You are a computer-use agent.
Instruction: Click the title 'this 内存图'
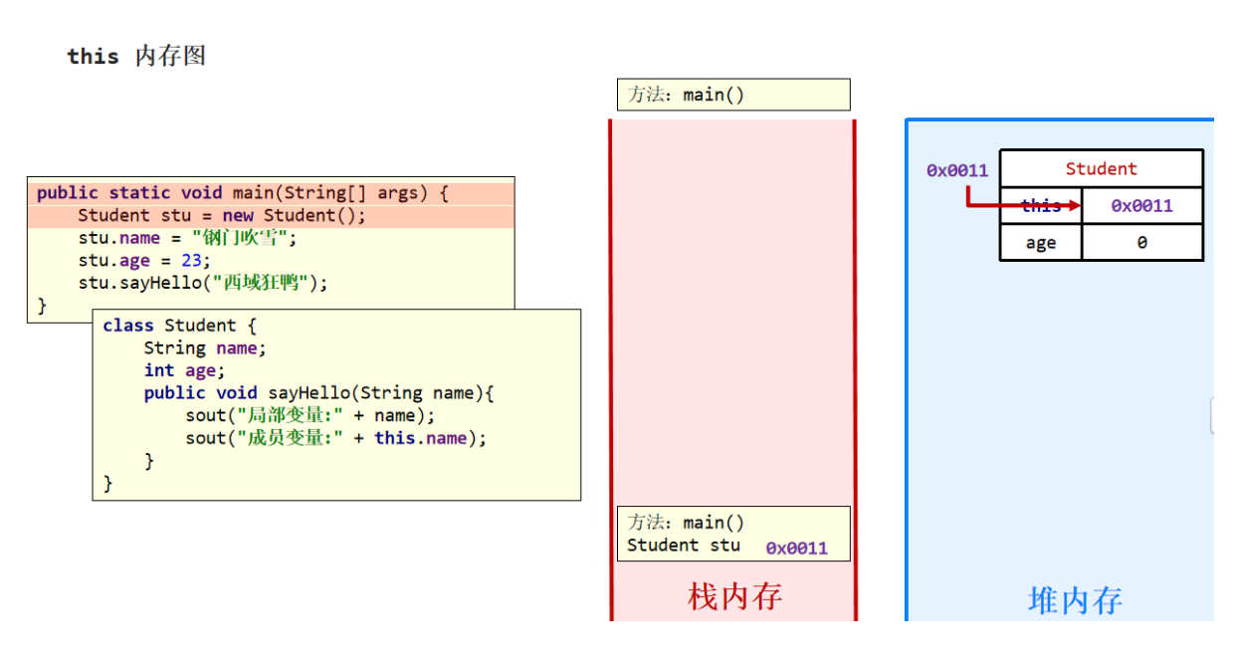(x=136, y=57)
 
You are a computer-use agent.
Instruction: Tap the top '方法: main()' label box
(x=733, y=95)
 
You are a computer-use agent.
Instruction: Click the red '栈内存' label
(x=734, y=596)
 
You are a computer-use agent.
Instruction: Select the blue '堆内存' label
(x=1075, y=600)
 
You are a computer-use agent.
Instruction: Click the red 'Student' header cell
(x=1101, y=168)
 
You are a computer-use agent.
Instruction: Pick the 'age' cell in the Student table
(x=1040, y=243)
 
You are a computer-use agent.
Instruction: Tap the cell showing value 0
(x=1141, y=243)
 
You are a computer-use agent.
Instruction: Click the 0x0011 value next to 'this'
(x=1141, y=206)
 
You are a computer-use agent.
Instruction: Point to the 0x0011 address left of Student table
(x=956, y=170)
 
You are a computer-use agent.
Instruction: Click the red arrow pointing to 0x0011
(x=1025, y=206)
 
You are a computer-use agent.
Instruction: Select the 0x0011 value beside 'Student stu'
(x=796, y=549)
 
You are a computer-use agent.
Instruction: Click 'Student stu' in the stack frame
(x=684, y=546)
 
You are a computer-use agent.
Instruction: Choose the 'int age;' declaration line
(x=184, y=370)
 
